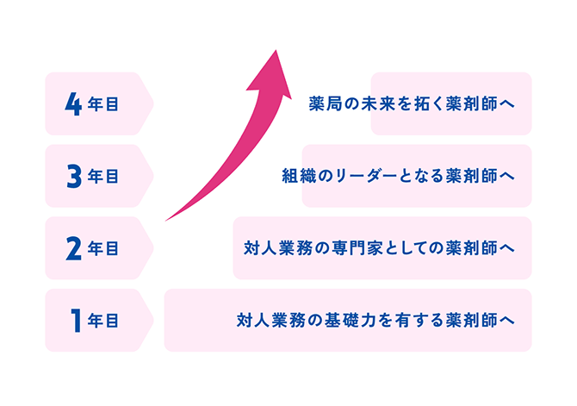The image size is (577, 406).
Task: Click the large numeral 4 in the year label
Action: (73, 104)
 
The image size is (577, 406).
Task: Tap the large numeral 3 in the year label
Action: (74, 176)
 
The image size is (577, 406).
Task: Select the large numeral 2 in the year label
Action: (73, 248)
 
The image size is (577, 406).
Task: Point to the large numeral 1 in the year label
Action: (76, 321)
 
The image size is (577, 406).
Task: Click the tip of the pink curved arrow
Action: (276, 50)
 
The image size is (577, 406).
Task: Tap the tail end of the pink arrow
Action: (165, 221)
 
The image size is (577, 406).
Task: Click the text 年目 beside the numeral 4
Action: (103, 104)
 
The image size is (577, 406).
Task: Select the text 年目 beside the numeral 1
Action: (103, 321)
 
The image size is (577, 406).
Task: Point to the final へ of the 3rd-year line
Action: (507, 177)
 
